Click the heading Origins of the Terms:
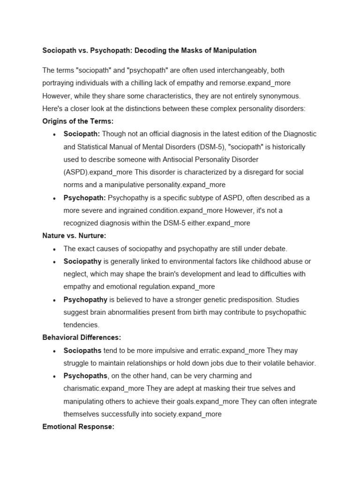[78, 121]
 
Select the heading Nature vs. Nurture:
[74, 236]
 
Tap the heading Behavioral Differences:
[82, 337]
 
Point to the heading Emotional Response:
[78, 427]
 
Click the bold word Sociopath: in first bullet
[82, 134]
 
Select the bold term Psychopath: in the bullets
[84, 198]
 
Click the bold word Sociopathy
[82, 261]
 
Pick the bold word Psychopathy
[85, 300]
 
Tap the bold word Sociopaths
[82, 351]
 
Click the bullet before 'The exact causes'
[55, 249]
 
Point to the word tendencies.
[81, 325]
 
